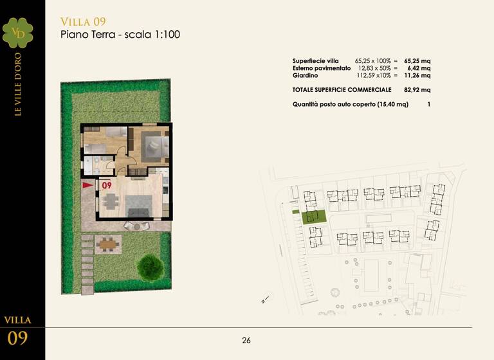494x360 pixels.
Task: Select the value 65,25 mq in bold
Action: tap(417, 60)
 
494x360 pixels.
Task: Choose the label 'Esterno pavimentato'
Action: tap(322, 67)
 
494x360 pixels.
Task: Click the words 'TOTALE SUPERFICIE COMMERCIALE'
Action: tap(342, 89)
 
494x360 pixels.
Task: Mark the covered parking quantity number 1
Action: tap(428, 104)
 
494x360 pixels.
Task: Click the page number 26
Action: tap(246, 341)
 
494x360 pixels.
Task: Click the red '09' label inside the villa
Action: tap(107, 185)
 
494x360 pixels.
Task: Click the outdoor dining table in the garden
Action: tap(107, 243)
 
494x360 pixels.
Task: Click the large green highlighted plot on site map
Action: tap(315, 217)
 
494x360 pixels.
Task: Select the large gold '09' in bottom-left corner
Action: tap(17, 338)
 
